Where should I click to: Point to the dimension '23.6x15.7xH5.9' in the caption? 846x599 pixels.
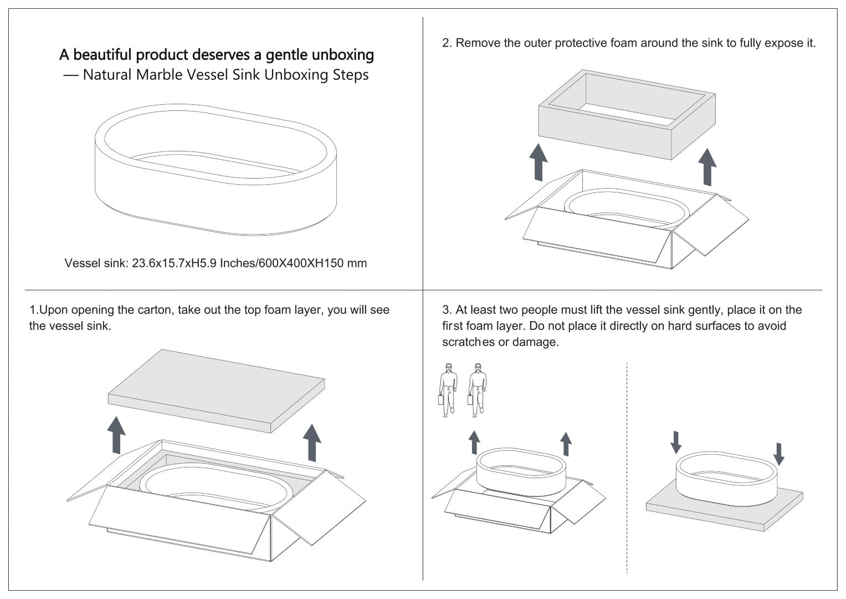pyautogui.click(x=175, y=263)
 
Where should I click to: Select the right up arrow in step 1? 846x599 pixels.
pyautogui.click(x=312, y=442)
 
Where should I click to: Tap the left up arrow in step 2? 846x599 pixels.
pyautogui.click(x=538, y=161)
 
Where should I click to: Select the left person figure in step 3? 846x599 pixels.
pyautogui.click(x=448, y=389)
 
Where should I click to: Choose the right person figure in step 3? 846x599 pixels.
pyautogui.click(x=476, y=389)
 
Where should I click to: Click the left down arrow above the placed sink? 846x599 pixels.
pyautogui.click(x=675, y=441)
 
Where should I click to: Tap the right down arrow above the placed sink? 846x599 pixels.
pyautogui.click(x=779, y=453)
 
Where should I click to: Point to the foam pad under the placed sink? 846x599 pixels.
pyautogui.click(x=720, y=513)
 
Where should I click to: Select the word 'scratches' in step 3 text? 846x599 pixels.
pyautogui.click(x=468, y=342)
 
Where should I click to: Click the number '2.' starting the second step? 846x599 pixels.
pyautogui.click(x=447, y=43)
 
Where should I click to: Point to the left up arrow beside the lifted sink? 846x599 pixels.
pyautogui.click(x=474, y=443)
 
